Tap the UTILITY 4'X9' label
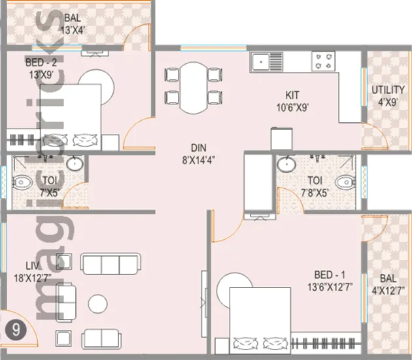pyautogui.click(x=388, y=95)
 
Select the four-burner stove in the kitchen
pyautogui.click(x=323, y=62)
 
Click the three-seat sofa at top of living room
pyautogui.click(x=110, y=263)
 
